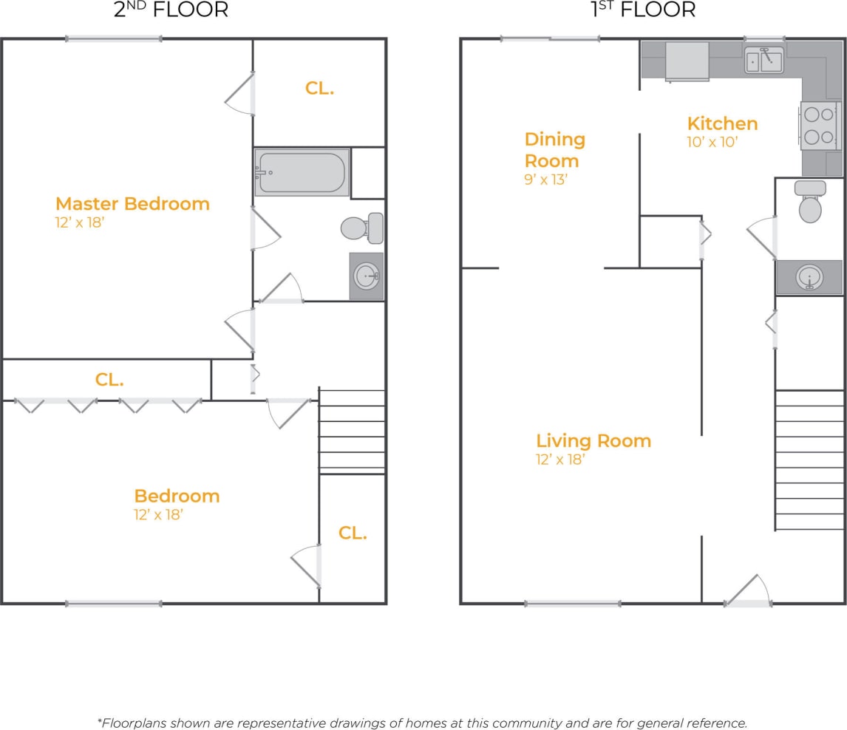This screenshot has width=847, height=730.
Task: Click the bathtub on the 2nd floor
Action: point(302,172)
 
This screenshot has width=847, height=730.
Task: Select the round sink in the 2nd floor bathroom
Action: point(367,276)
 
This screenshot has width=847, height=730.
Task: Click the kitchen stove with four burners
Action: point(820,126)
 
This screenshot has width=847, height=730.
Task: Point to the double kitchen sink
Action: point(764,59)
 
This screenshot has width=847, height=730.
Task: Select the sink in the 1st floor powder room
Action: point(809,278)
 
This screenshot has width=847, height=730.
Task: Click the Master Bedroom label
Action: point(132,203)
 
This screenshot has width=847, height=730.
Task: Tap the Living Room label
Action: point(593,441)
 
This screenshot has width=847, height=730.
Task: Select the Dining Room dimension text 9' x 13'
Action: point(545,179)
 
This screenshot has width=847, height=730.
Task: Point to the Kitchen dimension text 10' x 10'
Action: point(712,142)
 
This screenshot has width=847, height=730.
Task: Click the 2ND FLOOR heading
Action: point(171,10)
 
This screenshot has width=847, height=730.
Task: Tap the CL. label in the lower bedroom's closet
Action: point(353,533)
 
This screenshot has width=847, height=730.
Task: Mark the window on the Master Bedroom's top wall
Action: point(113,38)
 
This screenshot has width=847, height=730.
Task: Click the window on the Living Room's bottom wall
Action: point(573,604)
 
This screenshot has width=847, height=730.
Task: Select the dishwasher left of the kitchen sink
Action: point(687,61)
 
